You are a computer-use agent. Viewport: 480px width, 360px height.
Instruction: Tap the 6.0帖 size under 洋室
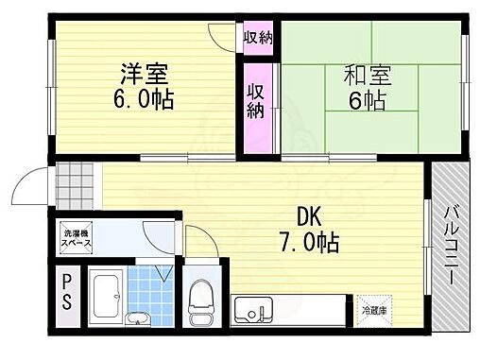pos(142,99)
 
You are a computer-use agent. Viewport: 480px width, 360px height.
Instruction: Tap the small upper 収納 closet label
pos(257,39)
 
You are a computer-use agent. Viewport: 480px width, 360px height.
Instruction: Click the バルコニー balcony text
pos(451,243)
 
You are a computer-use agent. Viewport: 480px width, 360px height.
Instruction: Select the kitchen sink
pos(253,309)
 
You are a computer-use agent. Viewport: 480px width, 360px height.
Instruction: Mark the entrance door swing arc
pos(38,180)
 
